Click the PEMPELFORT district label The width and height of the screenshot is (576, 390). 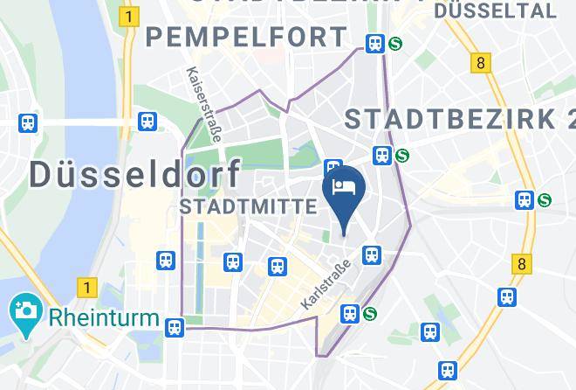coord(247,38)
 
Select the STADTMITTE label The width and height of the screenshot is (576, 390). coord(248,206)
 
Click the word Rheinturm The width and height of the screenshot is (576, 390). coord(105,317)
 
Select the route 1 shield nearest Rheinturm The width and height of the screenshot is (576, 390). coord(86,286)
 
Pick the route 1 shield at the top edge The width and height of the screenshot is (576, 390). coord(130,17)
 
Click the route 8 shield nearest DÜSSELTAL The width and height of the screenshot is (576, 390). coord(480,63)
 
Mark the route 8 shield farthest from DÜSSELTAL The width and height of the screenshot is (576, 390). coord(522,263)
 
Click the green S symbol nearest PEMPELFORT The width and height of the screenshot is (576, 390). coord(395,43)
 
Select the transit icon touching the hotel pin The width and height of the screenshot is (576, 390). coord(332,168)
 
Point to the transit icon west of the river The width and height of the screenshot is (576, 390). coord(29,123)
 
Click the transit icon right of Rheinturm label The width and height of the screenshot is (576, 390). coord(175,326)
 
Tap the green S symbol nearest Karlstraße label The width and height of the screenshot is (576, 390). coord(370,312)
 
